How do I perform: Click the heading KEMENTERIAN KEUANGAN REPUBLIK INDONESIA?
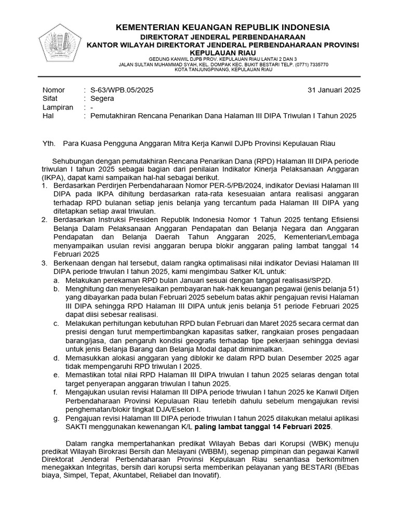pos(222,27)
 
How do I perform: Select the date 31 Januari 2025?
pos(334,89)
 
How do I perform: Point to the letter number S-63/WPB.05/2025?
pos(122,89)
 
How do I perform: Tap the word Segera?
pos(102,98)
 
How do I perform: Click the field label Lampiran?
pos(57,107)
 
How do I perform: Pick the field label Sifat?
pos(50,98)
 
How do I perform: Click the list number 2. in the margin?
pos(45,220)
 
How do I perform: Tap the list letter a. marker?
pos(56,280)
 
